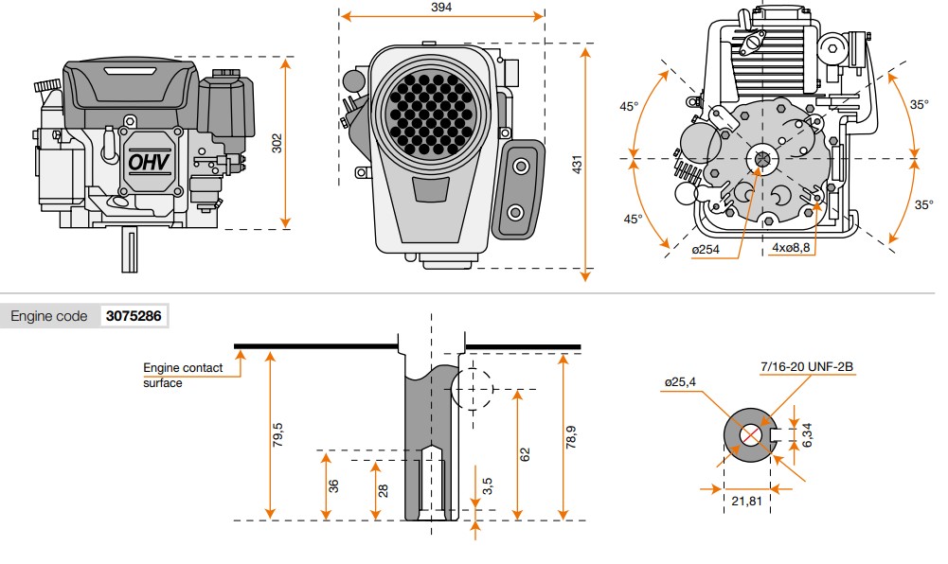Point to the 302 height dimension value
click(x=277, y=142)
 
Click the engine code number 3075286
click(x=134, y=316)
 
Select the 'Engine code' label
click(x=49, y=316)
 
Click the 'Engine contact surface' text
click(x=183, y=375)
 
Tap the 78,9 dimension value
click(x=570, y=437)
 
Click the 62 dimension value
click(x=525, y=453)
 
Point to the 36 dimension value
click(x=333, y=485)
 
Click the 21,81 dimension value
click(x=747, y=500)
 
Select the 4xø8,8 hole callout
click(x=791, y=249)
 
